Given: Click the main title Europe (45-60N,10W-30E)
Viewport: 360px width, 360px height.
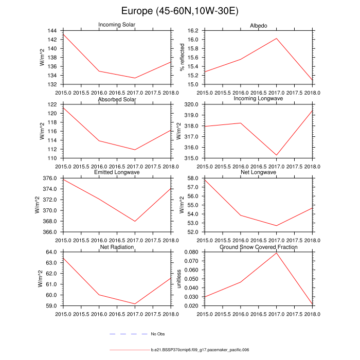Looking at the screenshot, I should [x=179, y=11].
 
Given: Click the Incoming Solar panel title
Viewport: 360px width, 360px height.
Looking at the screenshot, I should [x=117, y=25].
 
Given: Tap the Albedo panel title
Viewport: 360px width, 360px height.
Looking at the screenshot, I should [x=258, y=25].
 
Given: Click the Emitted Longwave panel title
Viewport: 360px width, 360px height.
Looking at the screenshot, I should [x=117, y=172].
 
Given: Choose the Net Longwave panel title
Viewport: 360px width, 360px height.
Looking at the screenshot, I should [x=258, y=172].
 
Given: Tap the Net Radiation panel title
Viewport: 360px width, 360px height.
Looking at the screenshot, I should [x=117, y=247].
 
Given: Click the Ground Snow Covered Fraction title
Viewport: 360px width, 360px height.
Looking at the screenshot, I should [x=258, y=247].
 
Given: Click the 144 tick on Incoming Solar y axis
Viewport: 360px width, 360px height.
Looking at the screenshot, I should [x=53, y=31].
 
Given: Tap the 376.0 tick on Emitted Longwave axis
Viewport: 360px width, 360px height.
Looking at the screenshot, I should [x=51, y=178].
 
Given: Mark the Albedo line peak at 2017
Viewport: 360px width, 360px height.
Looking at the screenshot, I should [x=276, y=39].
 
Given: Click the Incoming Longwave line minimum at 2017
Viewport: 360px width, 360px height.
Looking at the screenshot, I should [x=276, y=155].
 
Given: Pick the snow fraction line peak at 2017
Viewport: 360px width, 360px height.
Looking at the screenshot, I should [x=276, y=253].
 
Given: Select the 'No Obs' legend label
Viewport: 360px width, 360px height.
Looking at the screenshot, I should [x=157, y=334].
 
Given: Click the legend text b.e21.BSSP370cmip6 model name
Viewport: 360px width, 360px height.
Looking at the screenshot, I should [x=200, y=350].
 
